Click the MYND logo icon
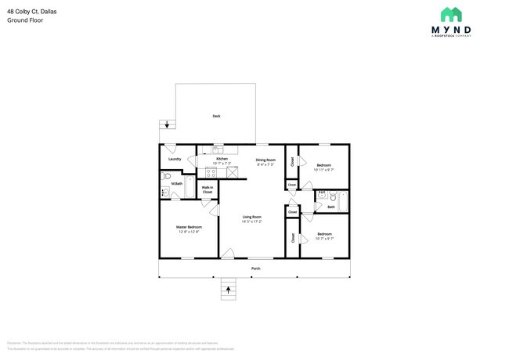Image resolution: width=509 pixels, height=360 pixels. pos(450,15)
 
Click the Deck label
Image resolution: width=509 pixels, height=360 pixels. pos(216,117)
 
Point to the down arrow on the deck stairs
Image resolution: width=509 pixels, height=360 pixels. pos(167,124)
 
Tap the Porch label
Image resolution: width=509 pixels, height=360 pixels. pos(255,268)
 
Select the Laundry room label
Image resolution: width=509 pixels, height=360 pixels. pos(175,159)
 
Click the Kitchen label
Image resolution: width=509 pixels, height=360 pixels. pos(222,159)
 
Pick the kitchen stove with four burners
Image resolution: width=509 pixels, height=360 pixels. pos(211,171)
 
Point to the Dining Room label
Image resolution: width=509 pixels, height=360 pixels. pos(266,160)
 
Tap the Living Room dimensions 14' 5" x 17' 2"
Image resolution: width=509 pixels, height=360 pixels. pos(251,221)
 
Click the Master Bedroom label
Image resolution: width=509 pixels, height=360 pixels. pos(189,227)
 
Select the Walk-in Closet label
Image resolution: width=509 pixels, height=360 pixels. pos(208,189)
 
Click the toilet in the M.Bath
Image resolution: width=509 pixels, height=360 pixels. pos(165,191)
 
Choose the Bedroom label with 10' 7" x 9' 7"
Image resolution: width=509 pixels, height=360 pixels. pos(323,234)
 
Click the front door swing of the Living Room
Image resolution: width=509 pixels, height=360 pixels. pos(226,252)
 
